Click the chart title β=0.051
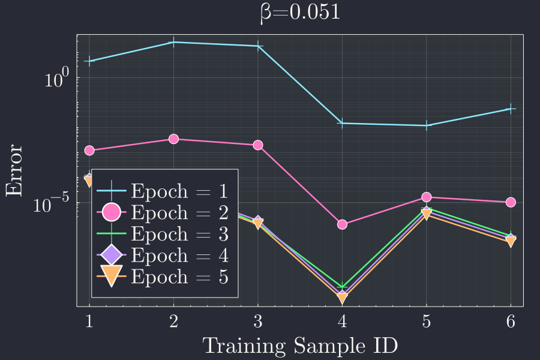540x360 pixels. (x=300, y=13)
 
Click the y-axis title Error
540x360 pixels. (x=14, y=170)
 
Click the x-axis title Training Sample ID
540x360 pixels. (x=300, y=346)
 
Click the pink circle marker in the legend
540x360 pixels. (x=112, y=212)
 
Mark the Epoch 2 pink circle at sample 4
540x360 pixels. (x=342, y=224)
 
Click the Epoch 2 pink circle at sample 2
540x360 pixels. (x=173, y=139)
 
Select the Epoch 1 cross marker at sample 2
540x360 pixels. (x=173, y=42)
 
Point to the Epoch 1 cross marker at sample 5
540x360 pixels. (x=427, y=125)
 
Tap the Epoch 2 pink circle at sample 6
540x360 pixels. (x=511, y=202)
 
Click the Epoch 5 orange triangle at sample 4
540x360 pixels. (x=342, y=298)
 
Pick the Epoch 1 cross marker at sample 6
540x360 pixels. (x=511, y=109)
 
